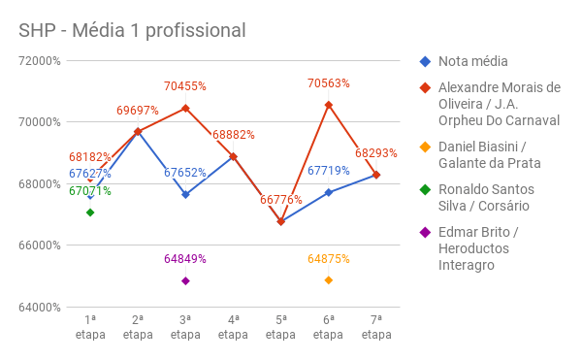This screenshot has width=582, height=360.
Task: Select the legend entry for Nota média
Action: [473, 61]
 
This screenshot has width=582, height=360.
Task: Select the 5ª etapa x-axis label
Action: [280, 326]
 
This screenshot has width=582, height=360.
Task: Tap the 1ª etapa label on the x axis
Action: [90, 326]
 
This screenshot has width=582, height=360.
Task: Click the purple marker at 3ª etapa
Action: [185, 281]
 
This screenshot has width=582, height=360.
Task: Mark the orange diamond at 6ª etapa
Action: [329, 280]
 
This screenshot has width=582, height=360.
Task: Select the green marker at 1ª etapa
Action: [90, 213]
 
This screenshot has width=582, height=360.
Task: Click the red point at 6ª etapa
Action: [329, 105]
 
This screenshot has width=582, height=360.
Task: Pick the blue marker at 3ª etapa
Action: [185, 194]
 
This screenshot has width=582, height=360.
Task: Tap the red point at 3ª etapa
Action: [185, 108]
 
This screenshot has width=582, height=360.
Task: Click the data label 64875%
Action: [329, 259]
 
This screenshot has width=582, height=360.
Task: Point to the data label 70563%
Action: [329, 83]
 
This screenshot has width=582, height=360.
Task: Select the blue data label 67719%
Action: [329, 171]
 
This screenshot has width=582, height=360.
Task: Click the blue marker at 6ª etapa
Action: [329, 192]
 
